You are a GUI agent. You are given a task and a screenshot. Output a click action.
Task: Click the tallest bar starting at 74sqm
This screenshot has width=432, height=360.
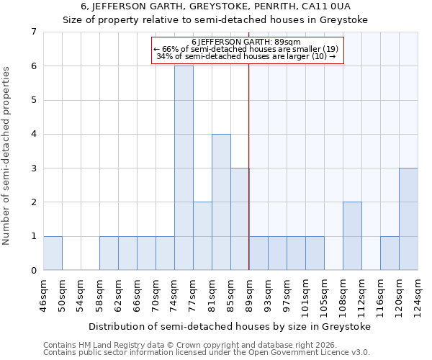coord(184,168)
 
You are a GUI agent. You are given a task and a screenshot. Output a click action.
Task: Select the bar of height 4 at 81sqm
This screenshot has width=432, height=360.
coord(221,202)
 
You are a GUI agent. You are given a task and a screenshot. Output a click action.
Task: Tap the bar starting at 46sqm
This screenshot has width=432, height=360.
coord(53,253)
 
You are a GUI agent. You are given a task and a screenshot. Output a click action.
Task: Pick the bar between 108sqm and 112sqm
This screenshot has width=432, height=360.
coord(352,235)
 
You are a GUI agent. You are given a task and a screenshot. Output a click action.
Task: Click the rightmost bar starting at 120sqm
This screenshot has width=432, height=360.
coord(408,219)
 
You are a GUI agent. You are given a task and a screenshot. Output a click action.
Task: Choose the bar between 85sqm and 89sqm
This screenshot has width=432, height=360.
coord(240,219)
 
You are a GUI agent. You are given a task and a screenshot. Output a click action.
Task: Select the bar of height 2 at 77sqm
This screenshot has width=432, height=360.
coord(202,235)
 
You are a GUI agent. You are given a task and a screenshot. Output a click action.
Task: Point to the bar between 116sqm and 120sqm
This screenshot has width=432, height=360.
coord(390,253)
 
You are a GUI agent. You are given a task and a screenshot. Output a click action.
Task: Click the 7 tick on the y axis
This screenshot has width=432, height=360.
coord(33,32)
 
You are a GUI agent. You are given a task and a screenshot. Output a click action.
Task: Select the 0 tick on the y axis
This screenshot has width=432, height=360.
coord(33,270)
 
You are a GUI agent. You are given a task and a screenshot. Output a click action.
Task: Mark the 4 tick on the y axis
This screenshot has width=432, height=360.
coord(33,134)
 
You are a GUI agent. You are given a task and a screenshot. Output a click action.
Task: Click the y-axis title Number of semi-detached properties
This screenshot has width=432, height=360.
coord(7,156)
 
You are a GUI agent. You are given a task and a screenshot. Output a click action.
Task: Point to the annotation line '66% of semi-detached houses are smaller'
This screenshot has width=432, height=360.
coord(248,49)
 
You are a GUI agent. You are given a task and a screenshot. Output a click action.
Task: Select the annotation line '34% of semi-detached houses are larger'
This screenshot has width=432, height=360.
coord(248,56)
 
